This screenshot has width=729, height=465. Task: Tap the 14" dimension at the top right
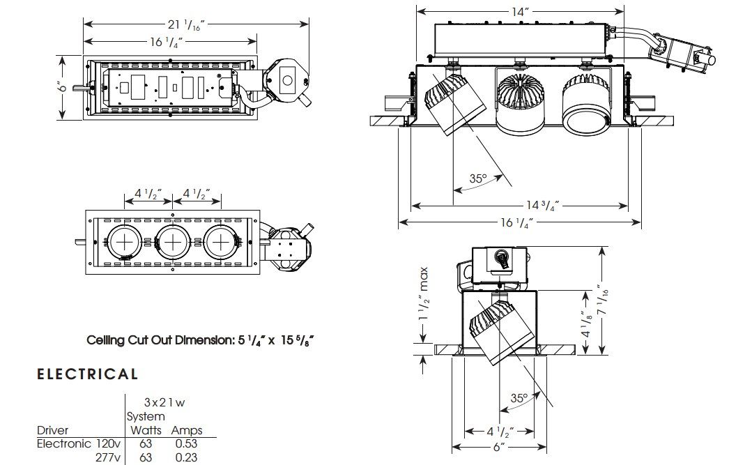coord(520,12)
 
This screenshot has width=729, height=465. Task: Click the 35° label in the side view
coord(518,399)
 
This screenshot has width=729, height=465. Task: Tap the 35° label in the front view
coord(477,178)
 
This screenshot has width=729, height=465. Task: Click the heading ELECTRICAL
coord(87,374)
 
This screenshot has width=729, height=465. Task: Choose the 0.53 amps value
coord(186,443)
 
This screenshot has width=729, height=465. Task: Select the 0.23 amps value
coord(186,457)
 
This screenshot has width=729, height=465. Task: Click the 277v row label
coord(109,457)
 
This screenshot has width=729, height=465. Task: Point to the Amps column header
coord(187,430)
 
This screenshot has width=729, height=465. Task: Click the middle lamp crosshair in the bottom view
coord(172,242)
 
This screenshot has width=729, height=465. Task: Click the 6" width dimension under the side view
coord(498,447)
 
